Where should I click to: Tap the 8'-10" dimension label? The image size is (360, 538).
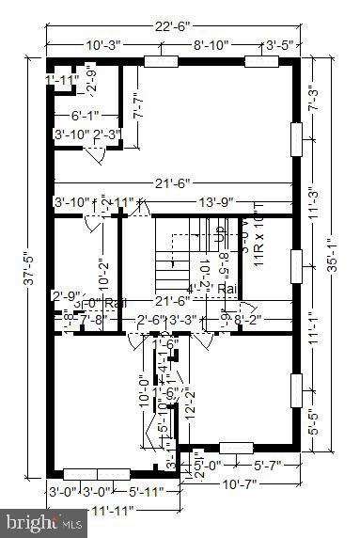[x=213, y=44]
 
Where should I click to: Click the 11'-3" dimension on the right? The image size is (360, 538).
[x=314, y=223]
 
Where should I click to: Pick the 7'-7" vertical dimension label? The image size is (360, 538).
[x=138, y=101]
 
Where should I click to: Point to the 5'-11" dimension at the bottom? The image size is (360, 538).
[x=147, y=490]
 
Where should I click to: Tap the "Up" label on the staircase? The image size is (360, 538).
[x=220, y=229]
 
